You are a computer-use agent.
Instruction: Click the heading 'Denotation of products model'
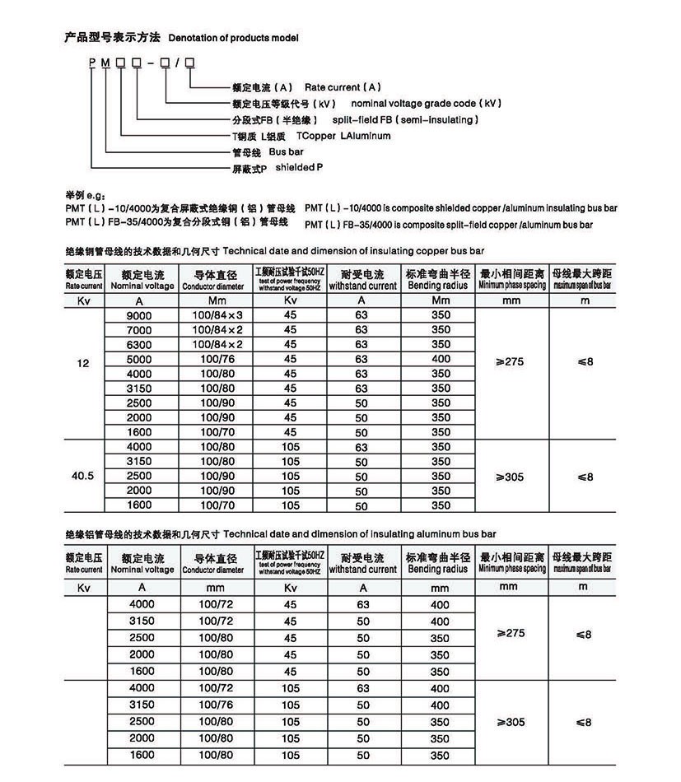pyautogui.click(x=233, y=38)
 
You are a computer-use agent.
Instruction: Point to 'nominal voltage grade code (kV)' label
pyautogui.click(x=426, y=104)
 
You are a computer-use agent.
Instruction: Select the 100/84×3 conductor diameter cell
pyautogui.click(x=219, y=315)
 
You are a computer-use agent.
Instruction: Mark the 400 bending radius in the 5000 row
pyautogui.click(x=441, y=359)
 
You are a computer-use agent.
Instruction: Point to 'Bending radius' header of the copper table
pyautogui.click(x=436, y=286)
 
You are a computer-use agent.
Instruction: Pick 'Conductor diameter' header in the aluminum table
pyautogui.click(x=213, y=569)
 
